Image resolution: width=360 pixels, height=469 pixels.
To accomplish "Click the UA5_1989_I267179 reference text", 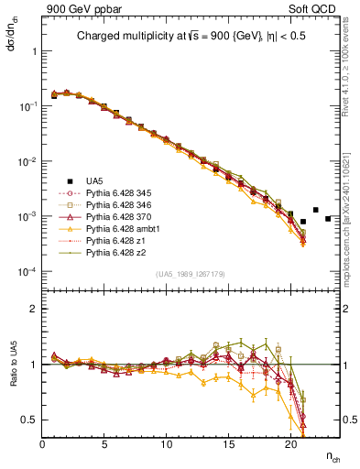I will click(191, 274).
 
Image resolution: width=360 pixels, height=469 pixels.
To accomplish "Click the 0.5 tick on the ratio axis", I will click(30, 420).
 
